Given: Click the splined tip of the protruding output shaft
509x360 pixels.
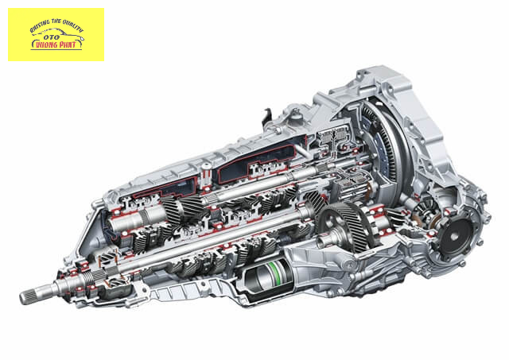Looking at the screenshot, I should [x=29, y=296].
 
